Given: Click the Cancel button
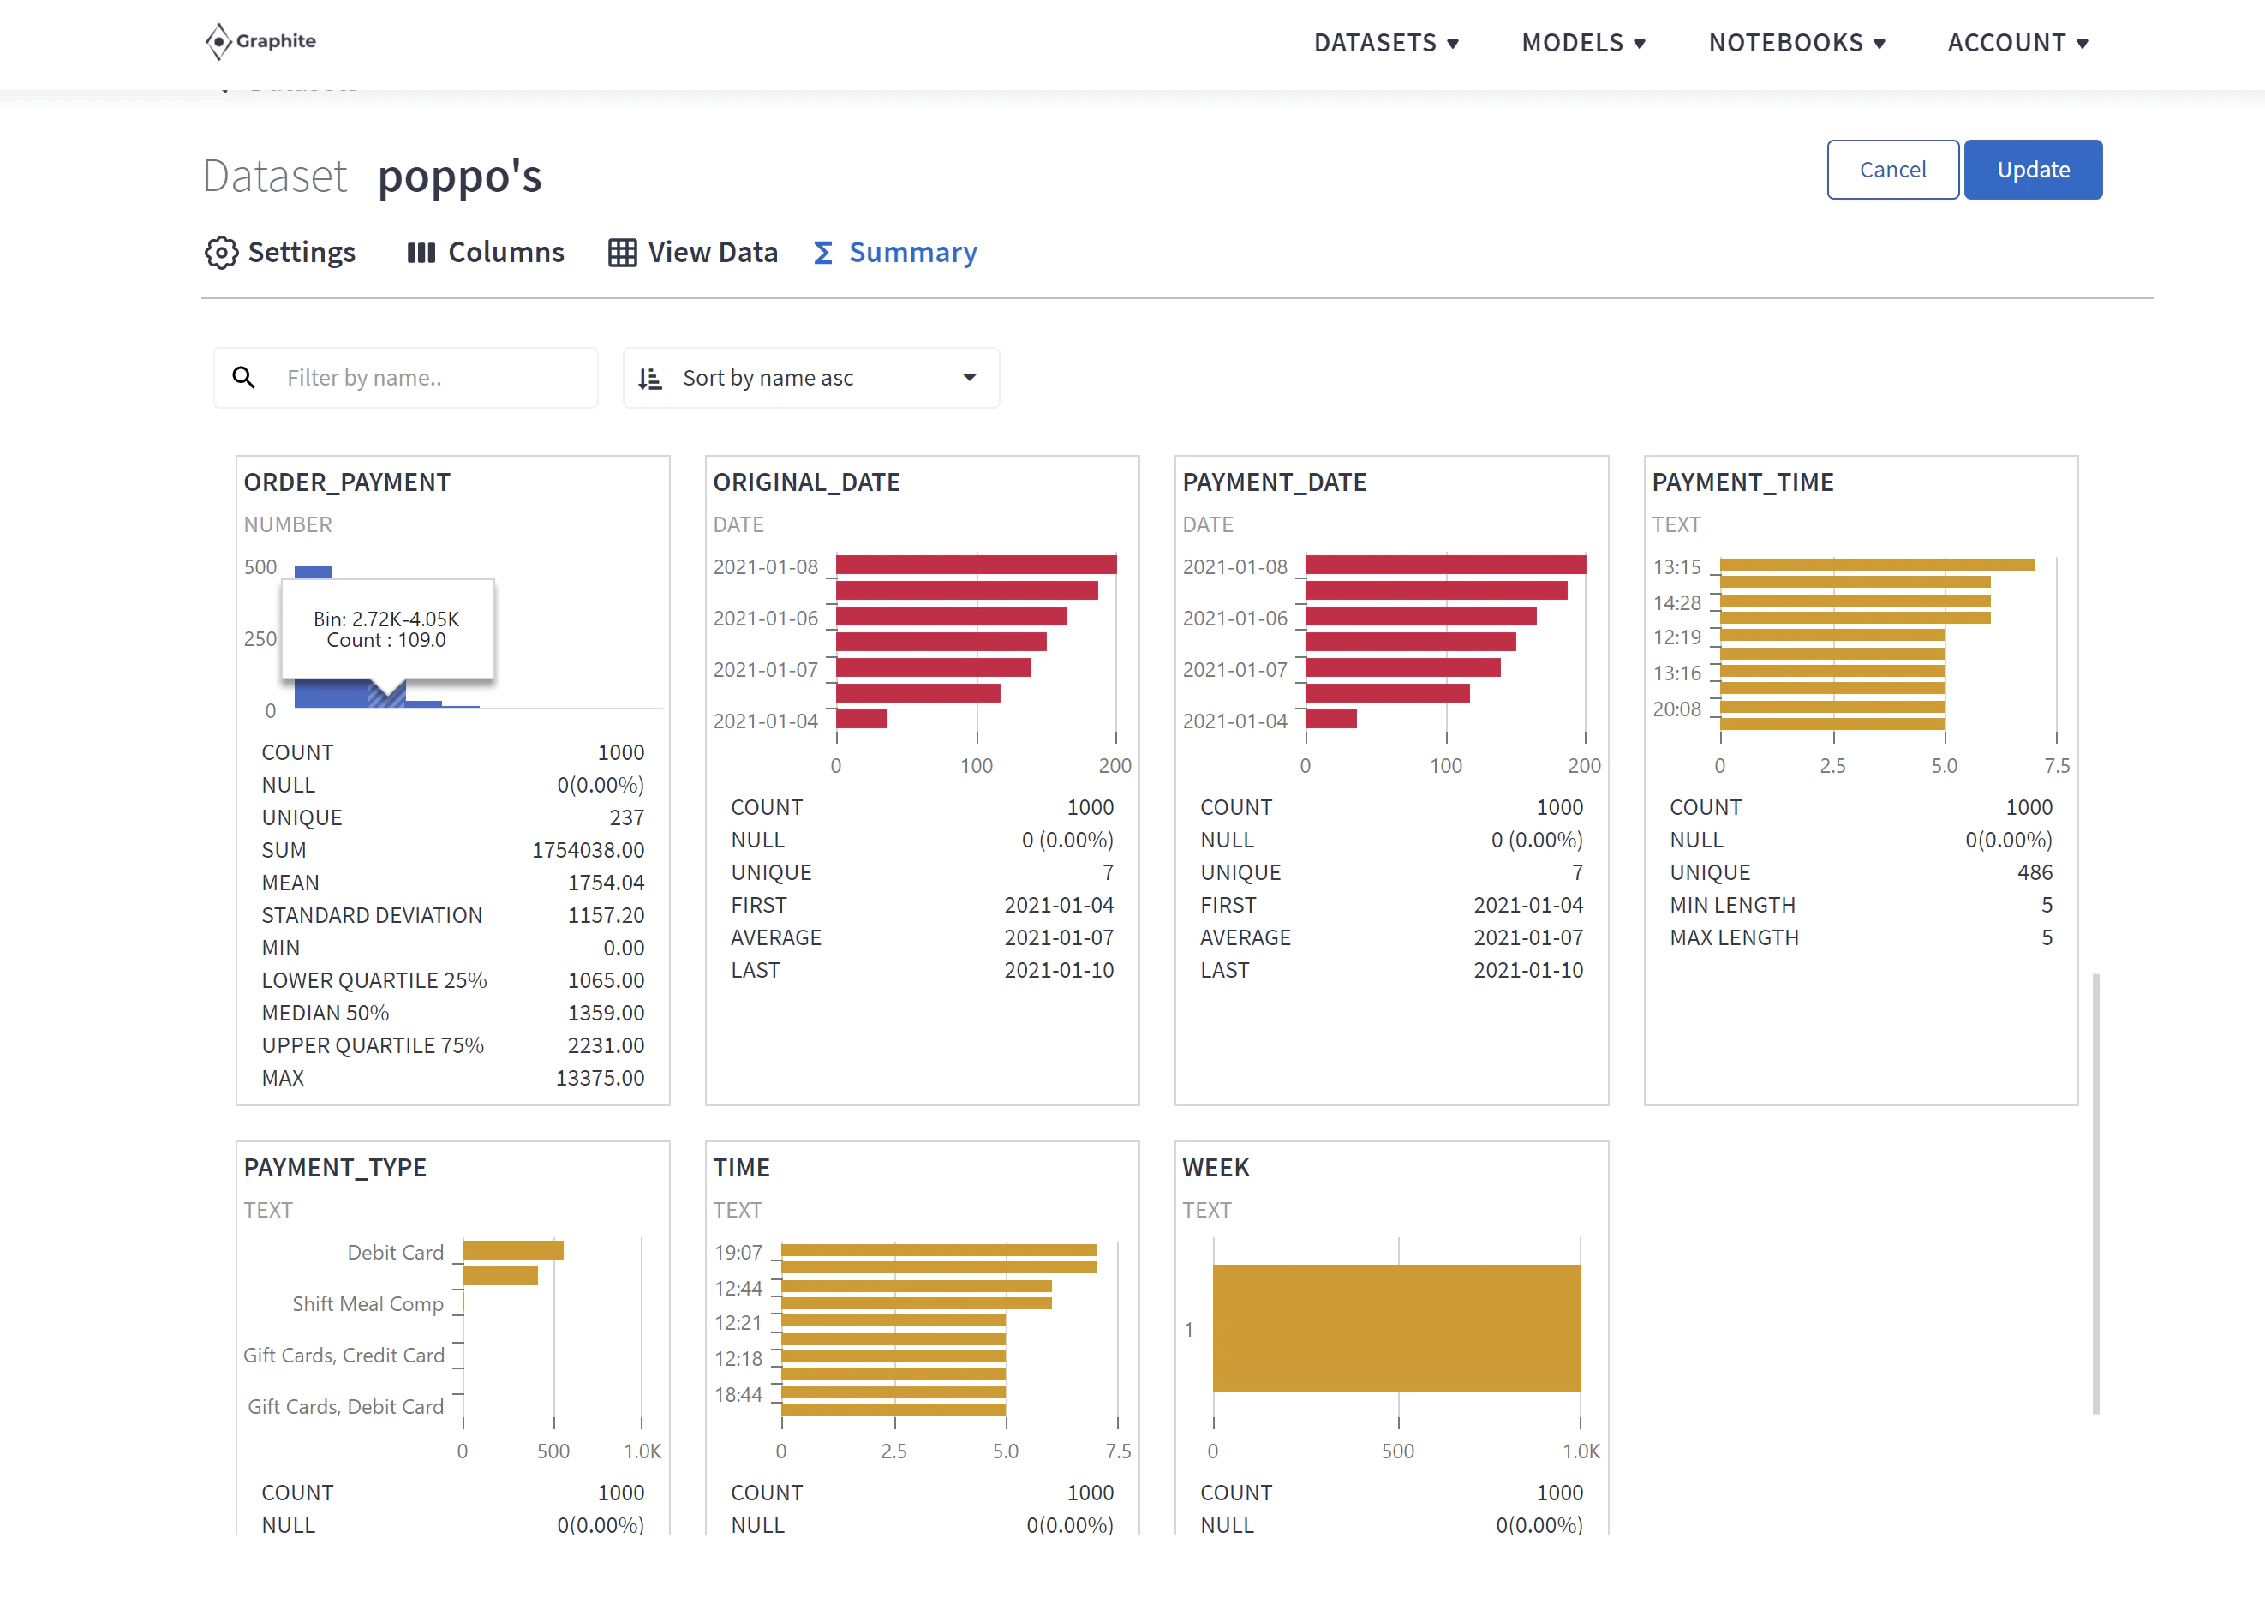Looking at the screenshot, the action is (1892, 170).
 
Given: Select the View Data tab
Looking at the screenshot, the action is (693, 253).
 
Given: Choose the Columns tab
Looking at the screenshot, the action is (486, 253).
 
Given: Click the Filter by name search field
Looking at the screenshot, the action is (405, 378).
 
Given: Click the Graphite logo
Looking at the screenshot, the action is (260, 41).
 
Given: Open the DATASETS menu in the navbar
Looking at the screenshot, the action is (1386, 43).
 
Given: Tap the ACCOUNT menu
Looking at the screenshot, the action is (2017, 43).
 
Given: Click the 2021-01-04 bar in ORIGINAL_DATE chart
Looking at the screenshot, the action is (862, 719).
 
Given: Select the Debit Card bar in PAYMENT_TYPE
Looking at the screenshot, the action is (513, 1249).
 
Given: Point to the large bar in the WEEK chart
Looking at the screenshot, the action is (1397, 1327).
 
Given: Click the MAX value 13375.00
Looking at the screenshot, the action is (601, 1078).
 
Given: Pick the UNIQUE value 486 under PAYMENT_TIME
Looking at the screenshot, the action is (2035, 872).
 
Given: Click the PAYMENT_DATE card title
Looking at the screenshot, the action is (1275, 482).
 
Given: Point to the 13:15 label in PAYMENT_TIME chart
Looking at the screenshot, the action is (1676, 567).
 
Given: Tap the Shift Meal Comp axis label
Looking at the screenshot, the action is (368, 1303).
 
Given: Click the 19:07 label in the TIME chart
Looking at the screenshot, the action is (738, 1253).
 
